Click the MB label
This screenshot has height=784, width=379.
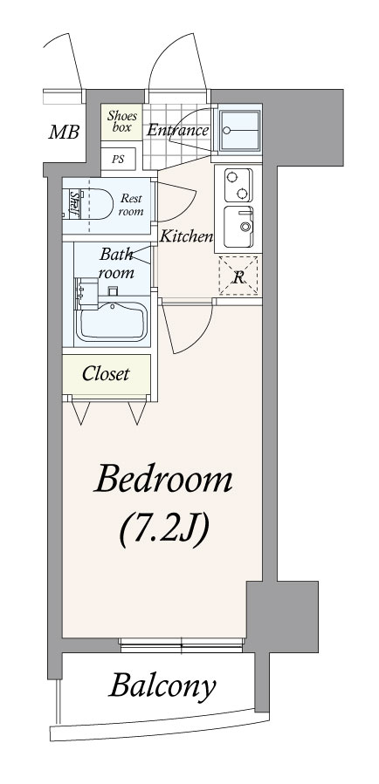pyautogui.click(x=64, y=133)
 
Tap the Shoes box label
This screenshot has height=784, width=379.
pyautogui.click(x=121, y=121)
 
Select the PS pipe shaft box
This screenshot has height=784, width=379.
pyautogui.click(x=118, y=160)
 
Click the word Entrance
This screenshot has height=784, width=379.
pyautogui.click(x=177, y=131)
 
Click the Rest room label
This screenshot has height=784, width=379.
pyautogui.click(x=131, y=204)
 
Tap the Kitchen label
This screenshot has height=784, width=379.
pyautogui.click(x=186, y=236)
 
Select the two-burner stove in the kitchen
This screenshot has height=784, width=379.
pyautogui.click(x=238, y=185)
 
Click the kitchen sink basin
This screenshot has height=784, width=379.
pyautogui.click(x=238, y=227)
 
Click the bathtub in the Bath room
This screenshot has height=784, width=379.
pyautogui.click(x=112, y=322)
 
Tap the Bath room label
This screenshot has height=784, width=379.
pyautogui.click(x=116, y=263)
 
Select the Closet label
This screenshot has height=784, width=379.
pyautogui.click(x=106, y=373)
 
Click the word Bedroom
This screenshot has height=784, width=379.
pyautogui.click(x=163, y=479)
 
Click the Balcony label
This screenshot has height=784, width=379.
pyautogui.click(x=162, y=686)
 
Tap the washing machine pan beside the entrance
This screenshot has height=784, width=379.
pyautogui.click(x=240, y=131)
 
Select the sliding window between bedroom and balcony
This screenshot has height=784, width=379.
pyautogui.click(x=183, y=645)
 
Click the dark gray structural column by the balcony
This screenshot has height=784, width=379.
pyautogui.click(x=282, y=617)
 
